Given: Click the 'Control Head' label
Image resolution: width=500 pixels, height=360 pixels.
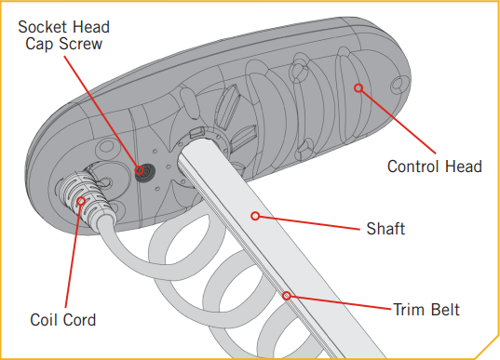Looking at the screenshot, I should pos(434,167).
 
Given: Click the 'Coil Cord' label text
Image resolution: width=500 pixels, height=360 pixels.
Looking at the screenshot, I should pos(62,320).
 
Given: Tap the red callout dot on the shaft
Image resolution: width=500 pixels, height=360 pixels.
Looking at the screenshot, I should pos(255,216).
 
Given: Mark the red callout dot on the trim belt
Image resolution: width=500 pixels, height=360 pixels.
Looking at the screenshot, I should pos(288,297).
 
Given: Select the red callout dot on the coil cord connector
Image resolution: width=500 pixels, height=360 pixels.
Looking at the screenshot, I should pos(81,199).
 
